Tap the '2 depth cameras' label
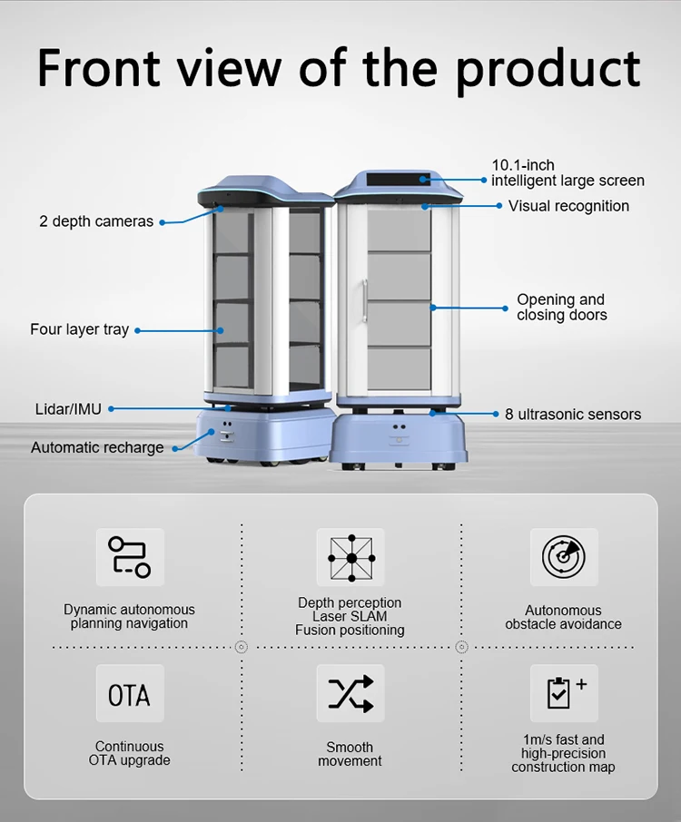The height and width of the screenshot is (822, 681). pos(96,221)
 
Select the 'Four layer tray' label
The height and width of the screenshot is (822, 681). pos(79,329)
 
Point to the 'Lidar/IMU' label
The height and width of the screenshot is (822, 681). pos(68,409)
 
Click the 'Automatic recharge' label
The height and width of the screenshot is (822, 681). pos(97,447)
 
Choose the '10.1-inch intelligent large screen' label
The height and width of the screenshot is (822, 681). pos(567,172)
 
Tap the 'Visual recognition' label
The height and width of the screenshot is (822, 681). pos(568,206)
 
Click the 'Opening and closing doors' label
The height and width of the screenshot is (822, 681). pos(561,307)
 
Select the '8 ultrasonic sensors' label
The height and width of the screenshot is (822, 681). pos(572,415)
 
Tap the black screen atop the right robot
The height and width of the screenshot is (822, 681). pos(397,178)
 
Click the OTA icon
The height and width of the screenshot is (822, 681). pos(130,694)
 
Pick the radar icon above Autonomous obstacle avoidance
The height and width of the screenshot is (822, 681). pos(563,557)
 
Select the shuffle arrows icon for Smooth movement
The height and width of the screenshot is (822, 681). pos(350,694)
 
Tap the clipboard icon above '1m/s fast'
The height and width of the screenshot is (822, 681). pos(563,693)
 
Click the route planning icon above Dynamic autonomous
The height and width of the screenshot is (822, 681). pos(130,557)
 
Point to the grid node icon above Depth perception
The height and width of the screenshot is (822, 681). pos(350,557)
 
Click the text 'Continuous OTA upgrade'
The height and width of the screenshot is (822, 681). pos(130,753)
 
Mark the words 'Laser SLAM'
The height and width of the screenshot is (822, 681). pos(350,616)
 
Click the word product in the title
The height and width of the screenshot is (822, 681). pos(548,69)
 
